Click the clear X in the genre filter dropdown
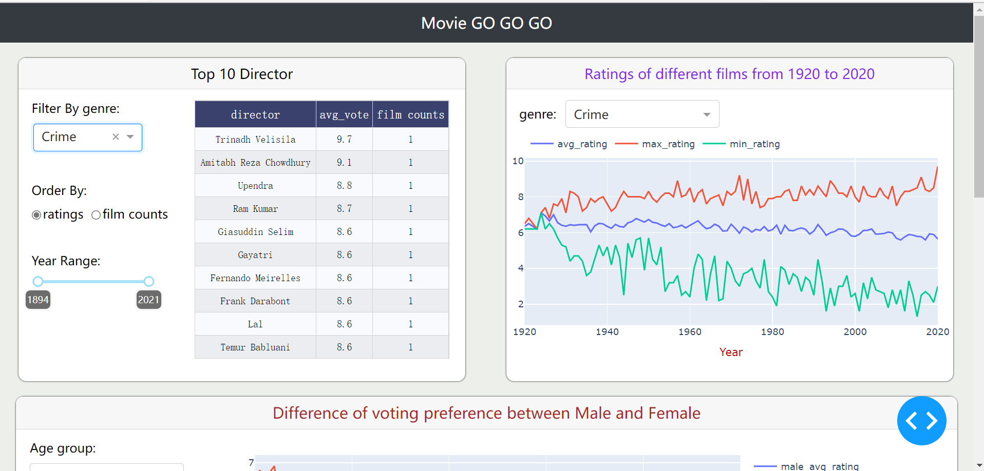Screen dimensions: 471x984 (116, 137)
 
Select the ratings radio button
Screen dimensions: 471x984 (36, 215)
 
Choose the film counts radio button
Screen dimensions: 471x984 (96, 215)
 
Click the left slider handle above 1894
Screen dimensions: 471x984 (38, 281)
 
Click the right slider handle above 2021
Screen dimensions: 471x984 (149, 281)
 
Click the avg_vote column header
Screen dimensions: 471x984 (344, 115)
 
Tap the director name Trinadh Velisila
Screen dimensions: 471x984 (255, 140)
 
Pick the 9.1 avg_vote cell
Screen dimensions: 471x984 (344, 163)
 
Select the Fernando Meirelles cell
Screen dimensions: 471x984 (255, 278)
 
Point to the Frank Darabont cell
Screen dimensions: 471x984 (255, 301)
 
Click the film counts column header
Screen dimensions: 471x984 (410, 115)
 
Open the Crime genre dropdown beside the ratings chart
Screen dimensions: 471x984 (642, 114)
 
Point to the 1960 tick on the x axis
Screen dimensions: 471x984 (690, 332)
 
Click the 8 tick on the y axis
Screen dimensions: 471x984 (521, 197)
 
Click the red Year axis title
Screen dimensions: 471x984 (731, 352)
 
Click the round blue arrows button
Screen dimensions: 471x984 (921, 421)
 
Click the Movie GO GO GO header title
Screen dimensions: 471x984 (486, 23)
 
